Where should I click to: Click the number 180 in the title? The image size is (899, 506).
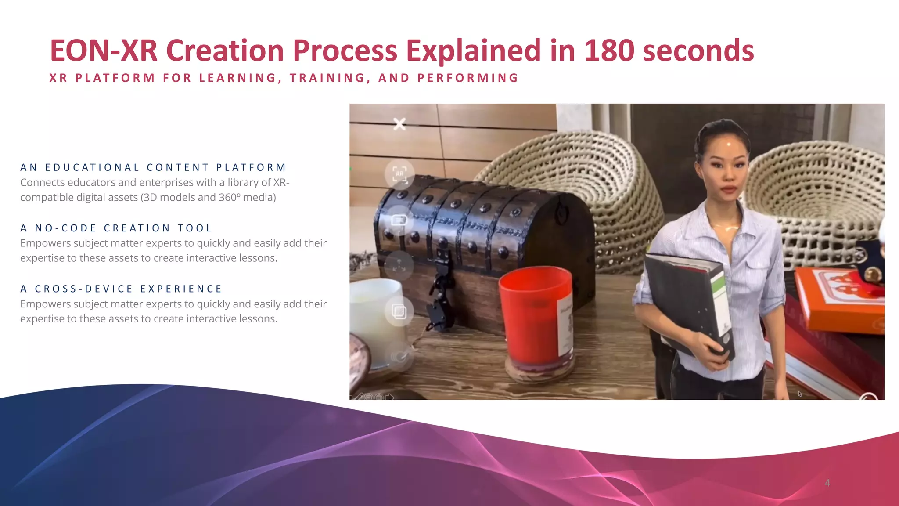click(609, 51)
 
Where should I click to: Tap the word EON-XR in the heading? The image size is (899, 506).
click(104, 51)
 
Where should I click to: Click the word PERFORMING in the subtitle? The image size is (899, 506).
click(468, 78)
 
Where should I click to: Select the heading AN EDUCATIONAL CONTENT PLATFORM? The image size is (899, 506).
click(153, 167)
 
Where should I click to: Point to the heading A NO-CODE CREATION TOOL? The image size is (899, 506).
click(116, 228)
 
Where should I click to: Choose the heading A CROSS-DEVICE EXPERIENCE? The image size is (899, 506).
click(121, 289)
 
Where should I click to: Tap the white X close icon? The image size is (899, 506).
click(399, 124)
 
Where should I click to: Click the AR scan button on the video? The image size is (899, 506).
click(399, 174)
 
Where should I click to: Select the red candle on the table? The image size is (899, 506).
click(536, 316)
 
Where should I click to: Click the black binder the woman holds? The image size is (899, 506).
click(689, 303)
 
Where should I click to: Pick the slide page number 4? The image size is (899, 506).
click(827, 483)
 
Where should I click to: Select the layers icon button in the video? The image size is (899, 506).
click(399, 311)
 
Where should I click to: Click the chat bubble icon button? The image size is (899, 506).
click(399, 220)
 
